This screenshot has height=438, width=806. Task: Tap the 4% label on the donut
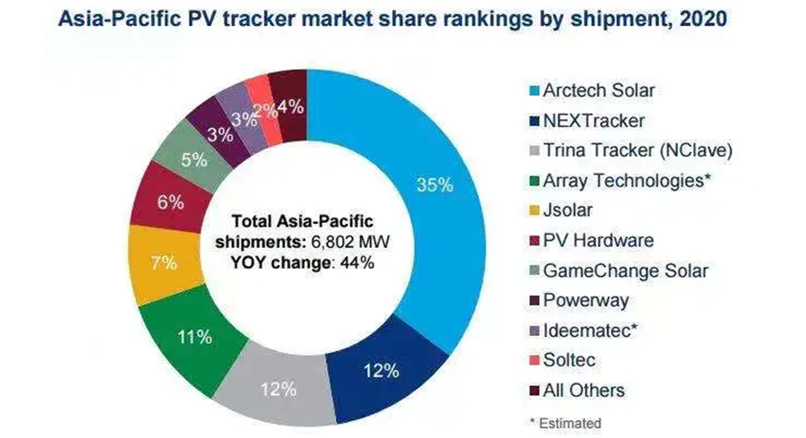point(291,105)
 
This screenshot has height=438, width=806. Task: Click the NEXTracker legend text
point(592,120)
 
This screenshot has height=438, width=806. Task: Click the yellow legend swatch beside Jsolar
point(527,210)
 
